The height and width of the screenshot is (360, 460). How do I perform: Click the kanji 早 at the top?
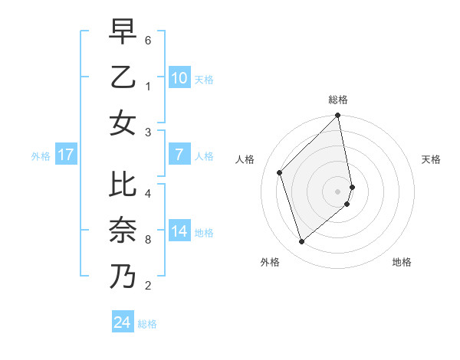[123, 32]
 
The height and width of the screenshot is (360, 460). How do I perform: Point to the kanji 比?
[123, 185]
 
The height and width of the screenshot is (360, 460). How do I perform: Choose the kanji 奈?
[123, 230]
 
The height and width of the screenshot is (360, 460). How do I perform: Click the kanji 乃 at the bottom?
[123, 275]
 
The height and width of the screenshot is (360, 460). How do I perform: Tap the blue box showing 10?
[179, 77]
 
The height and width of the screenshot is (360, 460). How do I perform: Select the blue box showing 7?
[179, 155]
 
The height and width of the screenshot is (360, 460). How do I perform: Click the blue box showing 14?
[179, 231]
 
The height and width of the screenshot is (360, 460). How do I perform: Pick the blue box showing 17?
[65, 155]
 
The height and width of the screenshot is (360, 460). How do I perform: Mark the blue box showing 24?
[123, 322]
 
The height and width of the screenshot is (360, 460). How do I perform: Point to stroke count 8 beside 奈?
[148, 239]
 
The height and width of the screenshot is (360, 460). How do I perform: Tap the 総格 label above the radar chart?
[338, 100]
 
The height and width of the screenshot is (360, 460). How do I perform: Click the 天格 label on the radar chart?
[432, 160]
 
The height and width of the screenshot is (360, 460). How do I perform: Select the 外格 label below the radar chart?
[270, 262]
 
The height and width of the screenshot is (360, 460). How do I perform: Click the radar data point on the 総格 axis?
[338, 116]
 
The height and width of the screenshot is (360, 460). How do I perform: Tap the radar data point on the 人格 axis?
[280, 172]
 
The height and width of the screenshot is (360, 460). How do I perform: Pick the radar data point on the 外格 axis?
[302, 242]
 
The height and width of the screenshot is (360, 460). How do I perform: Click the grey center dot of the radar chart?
[338, 191]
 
